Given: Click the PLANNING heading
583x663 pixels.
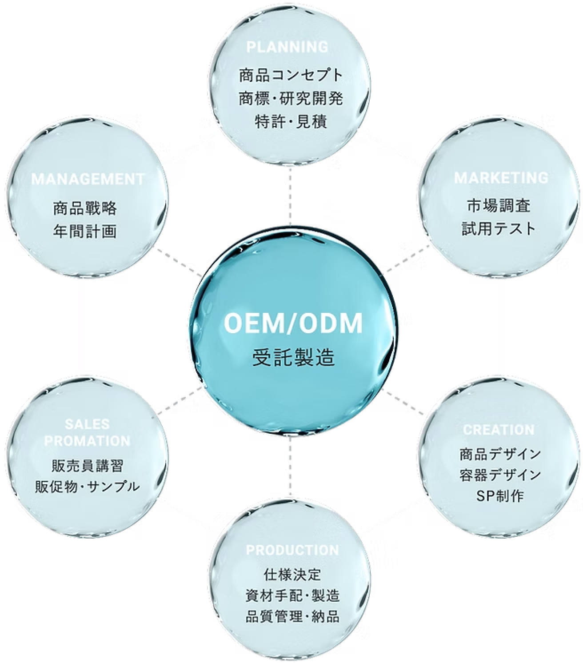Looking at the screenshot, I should pyautogui.click(x=288, y=46).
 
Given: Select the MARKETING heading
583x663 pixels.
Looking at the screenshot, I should pyautogui.click(x=501, y=178).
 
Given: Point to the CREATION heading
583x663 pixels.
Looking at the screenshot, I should pyautogui.click(x=499, y=430).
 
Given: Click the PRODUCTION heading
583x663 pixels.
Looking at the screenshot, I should pyautogui.click(x=292, y=550).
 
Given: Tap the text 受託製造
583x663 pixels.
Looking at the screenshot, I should pyautogui.click(x=293, y=358).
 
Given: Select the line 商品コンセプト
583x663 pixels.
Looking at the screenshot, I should pyautogui.click(x=291, y=75).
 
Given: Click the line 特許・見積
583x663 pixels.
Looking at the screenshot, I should pyautogui.click(x=291, y=121).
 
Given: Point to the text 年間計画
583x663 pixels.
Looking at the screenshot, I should pyautogui.click(x=85, y=231).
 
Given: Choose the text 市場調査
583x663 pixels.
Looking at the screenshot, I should pyautogui.click(x=499, y=206).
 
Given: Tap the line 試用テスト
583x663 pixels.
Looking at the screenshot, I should pyautogui.click(x=499, y=229).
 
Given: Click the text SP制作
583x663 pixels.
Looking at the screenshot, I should pyautogui.click(x=500, y=495).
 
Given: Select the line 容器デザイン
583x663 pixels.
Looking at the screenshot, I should pyautogui.click(x=500, y=475).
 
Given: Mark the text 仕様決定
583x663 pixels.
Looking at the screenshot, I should pyautogui.click(x=292, y=574).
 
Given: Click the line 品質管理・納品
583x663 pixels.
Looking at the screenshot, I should pyautogui.click(x=292, y=616).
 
